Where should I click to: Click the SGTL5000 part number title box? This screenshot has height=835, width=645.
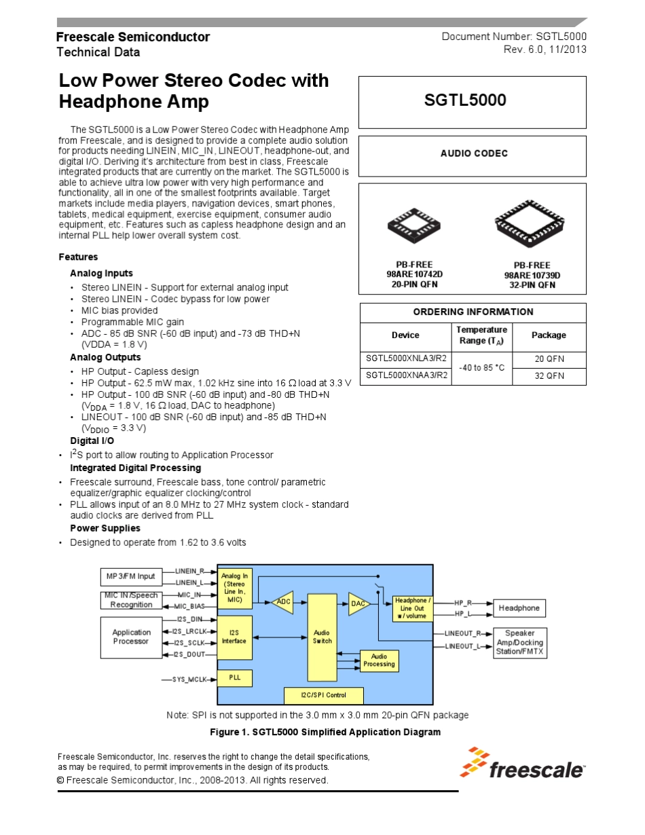point(472,101)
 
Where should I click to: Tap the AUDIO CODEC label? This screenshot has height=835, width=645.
point(473,153)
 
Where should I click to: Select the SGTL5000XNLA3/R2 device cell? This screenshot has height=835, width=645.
point(407,359)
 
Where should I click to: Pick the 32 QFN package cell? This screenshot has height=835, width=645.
point(548,375)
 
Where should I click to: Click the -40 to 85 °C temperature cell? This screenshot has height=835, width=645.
point(481,367)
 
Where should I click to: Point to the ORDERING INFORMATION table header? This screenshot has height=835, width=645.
point(473,312)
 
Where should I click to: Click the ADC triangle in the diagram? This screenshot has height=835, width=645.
point(283,602)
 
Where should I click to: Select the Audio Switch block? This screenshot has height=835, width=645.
point(322,637)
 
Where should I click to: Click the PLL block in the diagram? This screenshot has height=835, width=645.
point(234,678)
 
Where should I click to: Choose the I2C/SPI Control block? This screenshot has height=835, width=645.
point(323,695)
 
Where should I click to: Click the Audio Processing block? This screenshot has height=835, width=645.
point(379,661)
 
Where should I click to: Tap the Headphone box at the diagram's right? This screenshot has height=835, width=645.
point(519,608)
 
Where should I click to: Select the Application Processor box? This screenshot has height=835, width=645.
point(132,637)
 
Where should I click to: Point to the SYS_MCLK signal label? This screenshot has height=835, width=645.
point(189,679)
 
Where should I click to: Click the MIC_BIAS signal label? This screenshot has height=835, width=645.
point(189,606)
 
